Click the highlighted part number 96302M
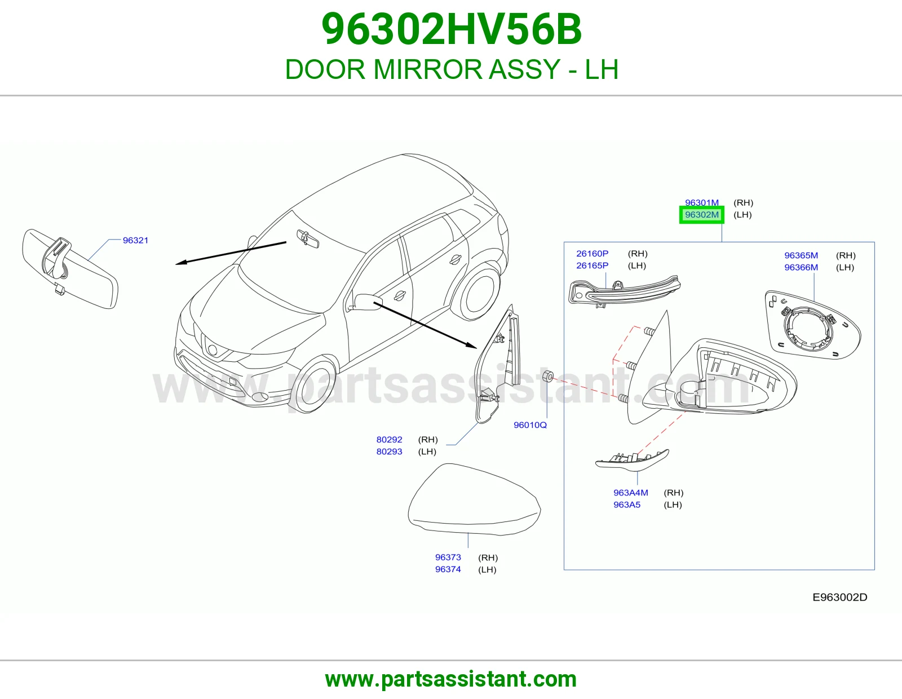pyautogui.click(x=701, y=215)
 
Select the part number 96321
pyautogui.click(x=135, y=240)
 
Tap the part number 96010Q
pyautogui.click(x=530, y=425)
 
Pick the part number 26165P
pyautogui.click(x=593, y=266)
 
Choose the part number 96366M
pyautogui.click(x=801, y=267)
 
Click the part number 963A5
pyautogui.click(x=627, y=505)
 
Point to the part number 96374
pyautogui.click(x=448, y=569)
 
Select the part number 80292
pyautogui.click(x=390, y=440)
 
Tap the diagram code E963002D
pyautogui.click(x=840, y=598)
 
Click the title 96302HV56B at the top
pyautogui.click(x=451, y=29)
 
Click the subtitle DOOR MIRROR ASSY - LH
pyautogui.click(x=452, y=69)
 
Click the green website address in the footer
pyautogui.click(x=451, y=679)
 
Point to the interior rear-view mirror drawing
pyautogui.click(x=70, y=268)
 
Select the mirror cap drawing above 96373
pyautogui.click(x=475, y=499)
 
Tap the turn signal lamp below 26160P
pyautogui.click(x=624, y=291)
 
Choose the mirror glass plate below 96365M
pyautogui.click(x=813, y=325)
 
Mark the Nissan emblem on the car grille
pyautogui.click(x=213, y=350)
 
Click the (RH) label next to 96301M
pyautogui.click(x=743, y=202)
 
